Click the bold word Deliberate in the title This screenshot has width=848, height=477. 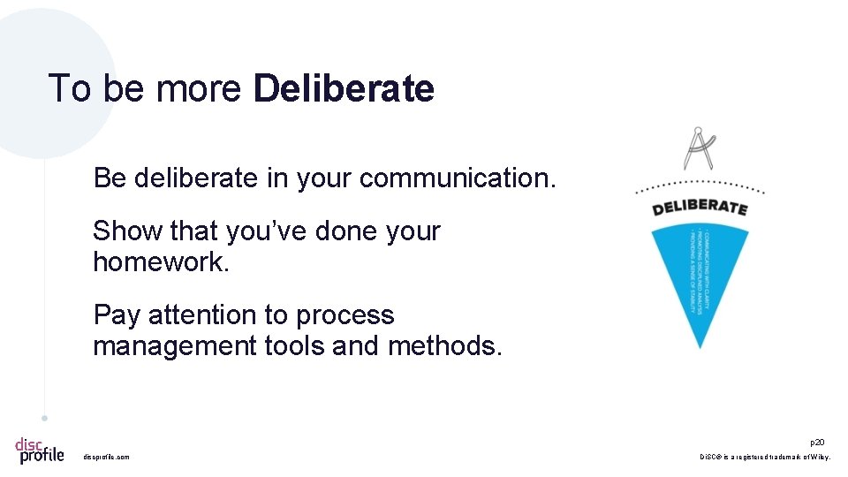tap(344, 89)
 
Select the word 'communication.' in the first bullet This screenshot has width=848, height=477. tap(458, 178)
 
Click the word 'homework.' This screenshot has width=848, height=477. tap(161, 261)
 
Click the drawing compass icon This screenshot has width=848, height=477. tap(700, 148)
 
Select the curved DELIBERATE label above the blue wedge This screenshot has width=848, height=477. tap(700, 207)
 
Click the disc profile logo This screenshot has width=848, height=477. tap(40, 450)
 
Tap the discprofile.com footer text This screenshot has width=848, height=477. tap(106, 457)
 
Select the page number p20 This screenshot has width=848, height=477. tap(817, 442)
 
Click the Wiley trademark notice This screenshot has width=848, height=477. tap(765, 457)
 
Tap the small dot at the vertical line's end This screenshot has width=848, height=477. tap(44, 418)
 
